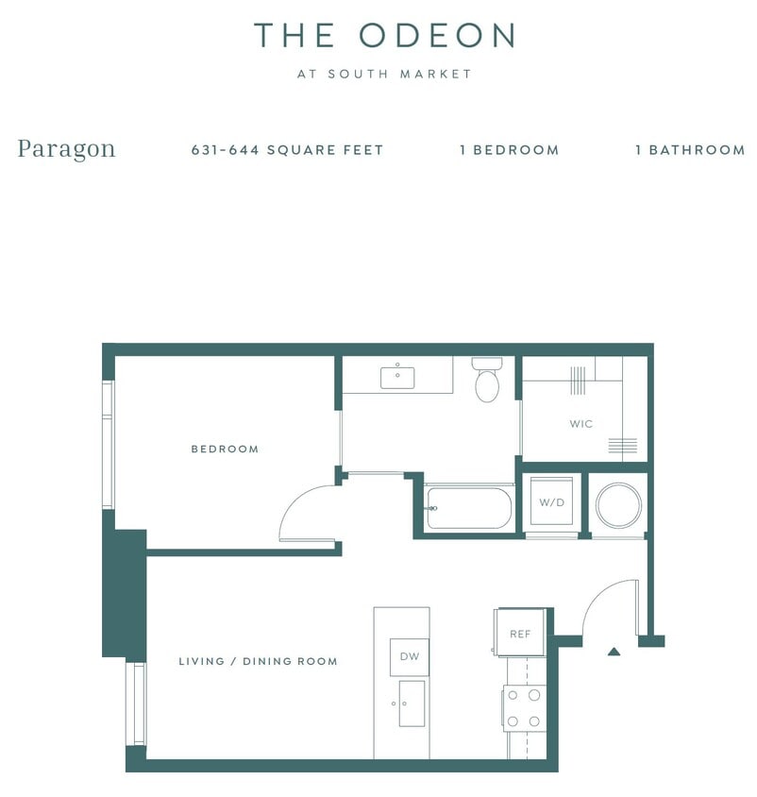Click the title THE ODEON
click(384, 36)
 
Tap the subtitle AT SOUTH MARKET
click(384, 74)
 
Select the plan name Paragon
click(66, 149)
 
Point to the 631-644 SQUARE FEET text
click(287, 150)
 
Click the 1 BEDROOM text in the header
click(509, 150)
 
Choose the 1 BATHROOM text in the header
click(690, 150)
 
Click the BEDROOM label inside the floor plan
click(225, 449)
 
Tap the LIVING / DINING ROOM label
click(258, 662)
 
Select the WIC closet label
click(581, 424)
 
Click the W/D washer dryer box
click(551, 502)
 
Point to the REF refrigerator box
click(520, 634)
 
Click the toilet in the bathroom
click(487, 382)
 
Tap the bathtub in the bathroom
click(469, 508)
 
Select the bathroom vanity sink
click(397, 378)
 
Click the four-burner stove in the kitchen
click(523, 708)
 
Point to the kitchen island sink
click(411, 704)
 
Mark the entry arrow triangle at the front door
click(614, 651)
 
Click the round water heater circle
click(618, 505)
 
